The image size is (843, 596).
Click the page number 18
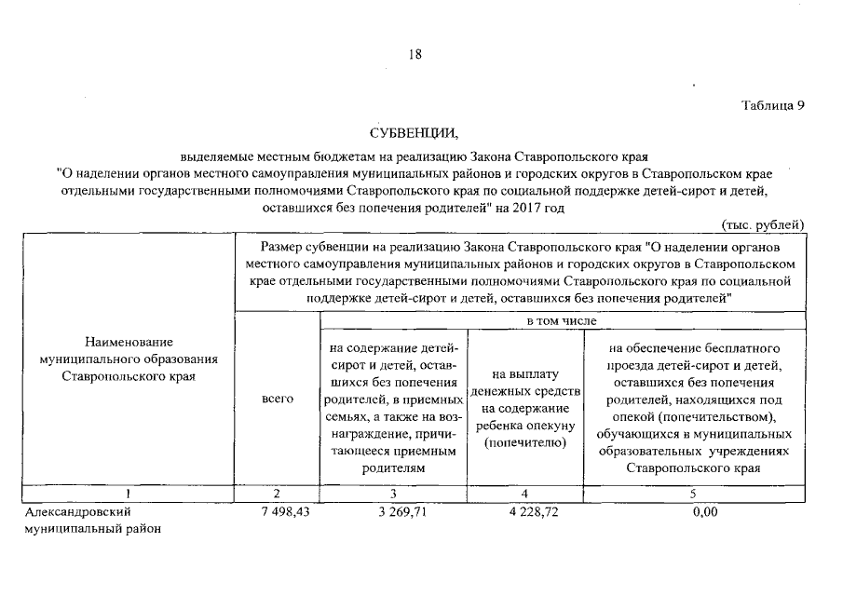(415, 54)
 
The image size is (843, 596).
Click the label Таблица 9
(772, 104)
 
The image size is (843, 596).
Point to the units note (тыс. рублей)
(763, 224)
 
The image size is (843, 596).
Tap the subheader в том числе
(562, 320)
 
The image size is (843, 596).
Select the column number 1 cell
(128, 493)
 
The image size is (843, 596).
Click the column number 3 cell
(394, 493)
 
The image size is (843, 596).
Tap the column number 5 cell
(693, 493)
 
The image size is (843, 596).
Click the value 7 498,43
(284, 511)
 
